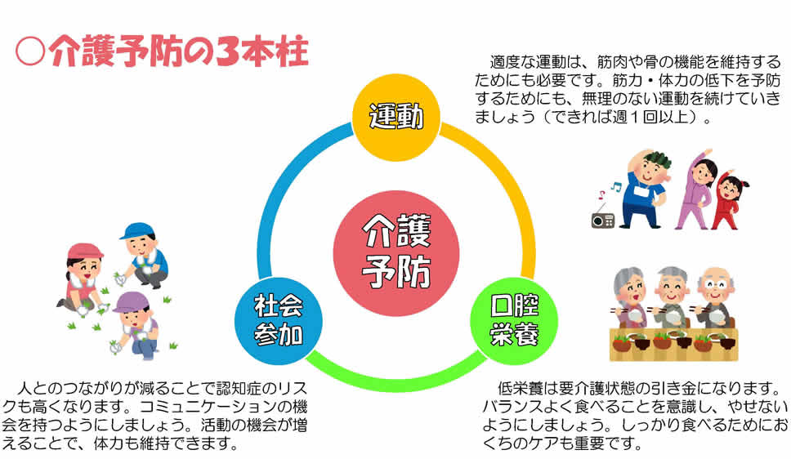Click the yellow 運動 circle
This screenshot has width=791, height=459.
[396, 117]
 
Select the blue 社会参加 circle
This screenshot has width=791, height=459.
[279, 320]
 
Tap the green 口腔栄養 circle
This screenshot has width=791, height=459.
[514, 320]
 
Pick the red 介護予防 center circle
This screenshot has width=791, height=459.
[396, 252]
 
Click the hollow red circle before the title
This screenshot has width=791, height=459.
[30, 52]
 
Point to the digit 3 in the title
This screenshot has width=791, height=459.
[227, 51]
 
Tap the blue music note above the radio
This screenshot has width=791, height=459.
[615, 186]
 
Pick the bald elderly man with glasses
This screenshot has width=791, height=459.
[715, 297]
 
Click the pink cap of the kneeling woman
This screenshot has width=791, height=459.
[84, 252]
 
